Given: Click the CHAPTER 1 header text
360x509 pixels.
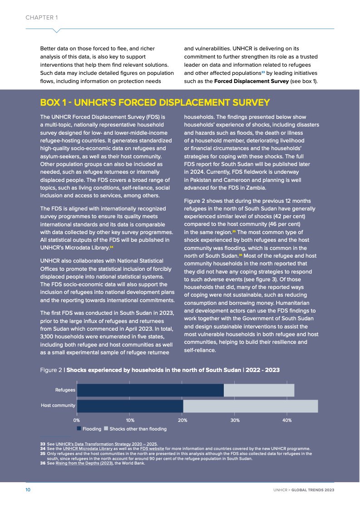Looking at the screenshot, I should (41, 18).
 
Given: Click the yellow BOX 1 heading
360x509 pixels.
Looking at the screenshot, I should (155, 103).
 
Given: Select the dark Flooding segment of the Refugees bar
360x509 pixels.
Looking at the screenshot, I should (150, 390).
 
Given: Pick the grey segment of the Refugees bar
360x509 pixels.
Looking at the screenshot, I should (259, 390).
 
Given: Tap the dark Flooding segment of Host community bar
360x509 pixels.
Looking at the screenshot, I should (130, 406).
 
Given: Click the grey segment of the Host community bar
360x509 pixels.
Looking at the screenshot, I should (250, 406).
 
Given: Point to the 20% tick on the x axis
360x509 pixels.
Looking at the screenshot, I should (182, 420).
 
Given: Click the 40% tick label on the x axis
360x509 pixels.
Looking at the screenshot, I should (287, 420).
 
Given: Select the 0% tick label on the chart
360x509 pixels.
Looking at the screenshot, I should (77, 420).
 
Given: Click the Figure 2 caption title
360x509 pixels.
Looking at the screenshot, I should (160, 370).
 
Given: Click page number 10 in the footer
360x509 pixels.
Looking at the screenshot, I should (28, 490).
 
